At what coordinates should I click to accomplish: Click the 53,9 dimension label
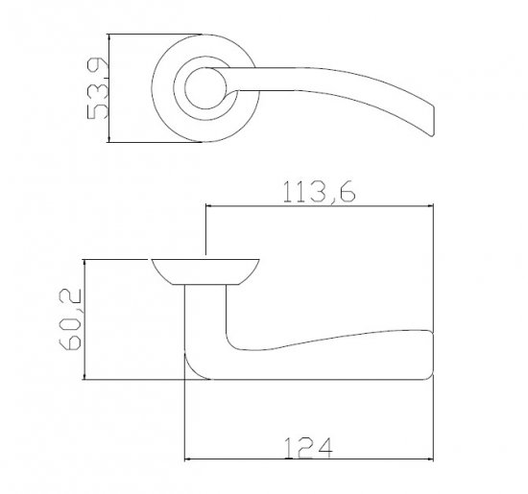tap(97, 88)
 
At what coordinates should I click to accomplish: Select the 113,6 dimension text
tap(320, 192)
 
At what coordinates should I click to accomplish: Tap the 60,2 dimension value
tap(70, 319)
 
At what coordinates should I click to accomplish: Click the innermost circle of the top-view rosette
tap(205, 69)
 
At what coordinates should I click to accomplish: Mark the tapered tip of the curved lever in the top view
tap(431, 134)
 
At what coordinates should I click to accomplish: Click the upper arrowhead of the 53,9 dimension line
tap(108, 38)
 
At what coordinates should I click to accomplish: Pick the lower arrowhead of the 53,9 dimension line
tap(108, 138)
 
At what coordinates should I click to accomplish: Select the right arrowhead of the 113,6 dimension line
tap(429, 205)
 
